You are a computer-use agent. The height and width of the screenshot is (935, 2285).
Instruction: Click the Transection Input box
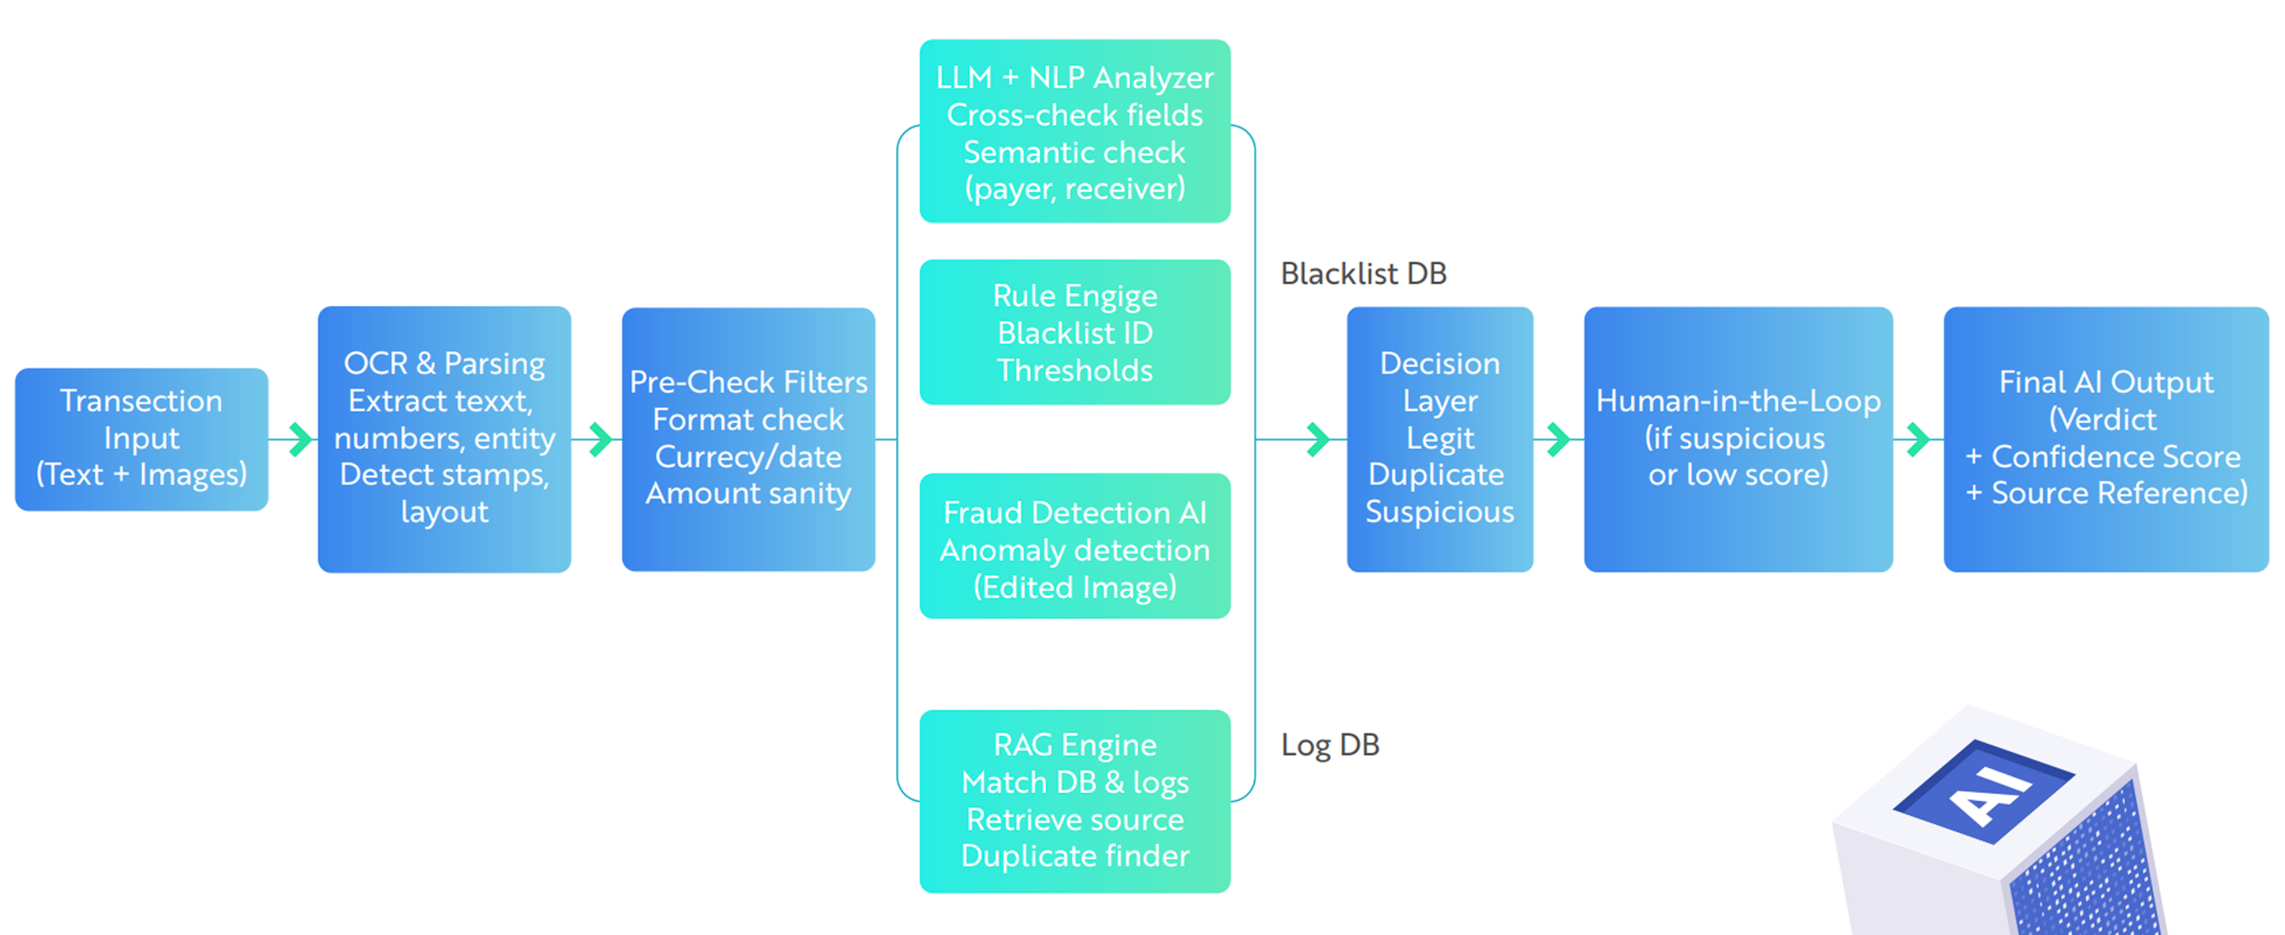tap(141, 438)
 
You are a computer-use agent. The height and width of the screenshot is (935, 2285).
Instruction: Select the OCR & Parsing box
tap(444, 438)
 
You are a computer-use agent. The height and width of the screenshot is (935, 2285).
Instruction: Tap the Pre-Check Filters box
tap(747, 438)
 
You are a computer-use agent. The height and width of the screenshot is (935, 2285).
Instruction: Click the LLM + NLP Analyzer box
tap(1074, 131)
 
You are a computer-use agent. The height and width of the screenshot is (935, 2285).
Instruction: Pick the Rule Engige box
tap(1074, 331)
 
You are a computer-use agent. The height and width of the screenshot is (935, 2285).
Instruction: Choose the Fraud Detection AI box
tap(1074, 546)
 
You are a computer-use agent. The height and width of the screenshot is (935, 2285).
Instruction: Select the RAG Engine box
tap(1074, 800)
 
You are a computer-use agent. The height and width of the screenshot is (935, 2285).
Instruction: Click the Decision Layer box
tap(1438, 438)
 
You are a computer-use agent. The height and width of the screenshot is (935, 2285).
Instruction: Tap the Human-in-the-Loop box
tap(1737, 438)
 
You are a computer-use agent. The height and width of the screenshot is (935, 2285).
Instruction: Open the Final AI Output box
tap(2105, 438)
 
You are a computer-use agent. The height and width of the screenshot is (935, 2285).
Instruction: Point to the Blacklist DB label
tap(1362, 273)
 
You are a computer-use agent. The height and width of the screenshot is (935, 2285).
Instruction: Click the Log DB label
tap(1329, 744)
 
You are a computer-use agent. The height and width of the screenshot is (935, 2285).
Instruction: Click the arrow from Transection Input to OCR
tap(301, 438)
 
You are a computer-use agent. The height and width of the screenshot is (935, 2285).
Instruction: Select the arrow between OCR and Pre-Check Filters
tap(601, 438)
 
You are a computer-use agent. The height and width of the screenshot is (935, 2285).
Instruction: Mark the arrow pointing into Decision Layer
tap(1317, 438)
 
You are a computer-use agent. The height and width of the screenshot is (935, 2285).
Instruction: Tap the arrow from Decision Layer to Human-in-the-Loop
tap(1558, 438)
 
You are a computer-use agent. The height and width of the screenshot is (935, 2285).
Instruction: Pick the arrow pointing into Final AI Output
tap(1917, 438)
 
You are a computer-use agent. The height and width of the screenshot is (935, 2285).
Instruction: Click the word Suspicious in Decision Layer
tap(1439, 512)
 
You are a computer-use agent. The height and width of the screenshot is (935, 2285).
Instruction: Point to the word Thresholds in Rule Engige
tap(1074, 370)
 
